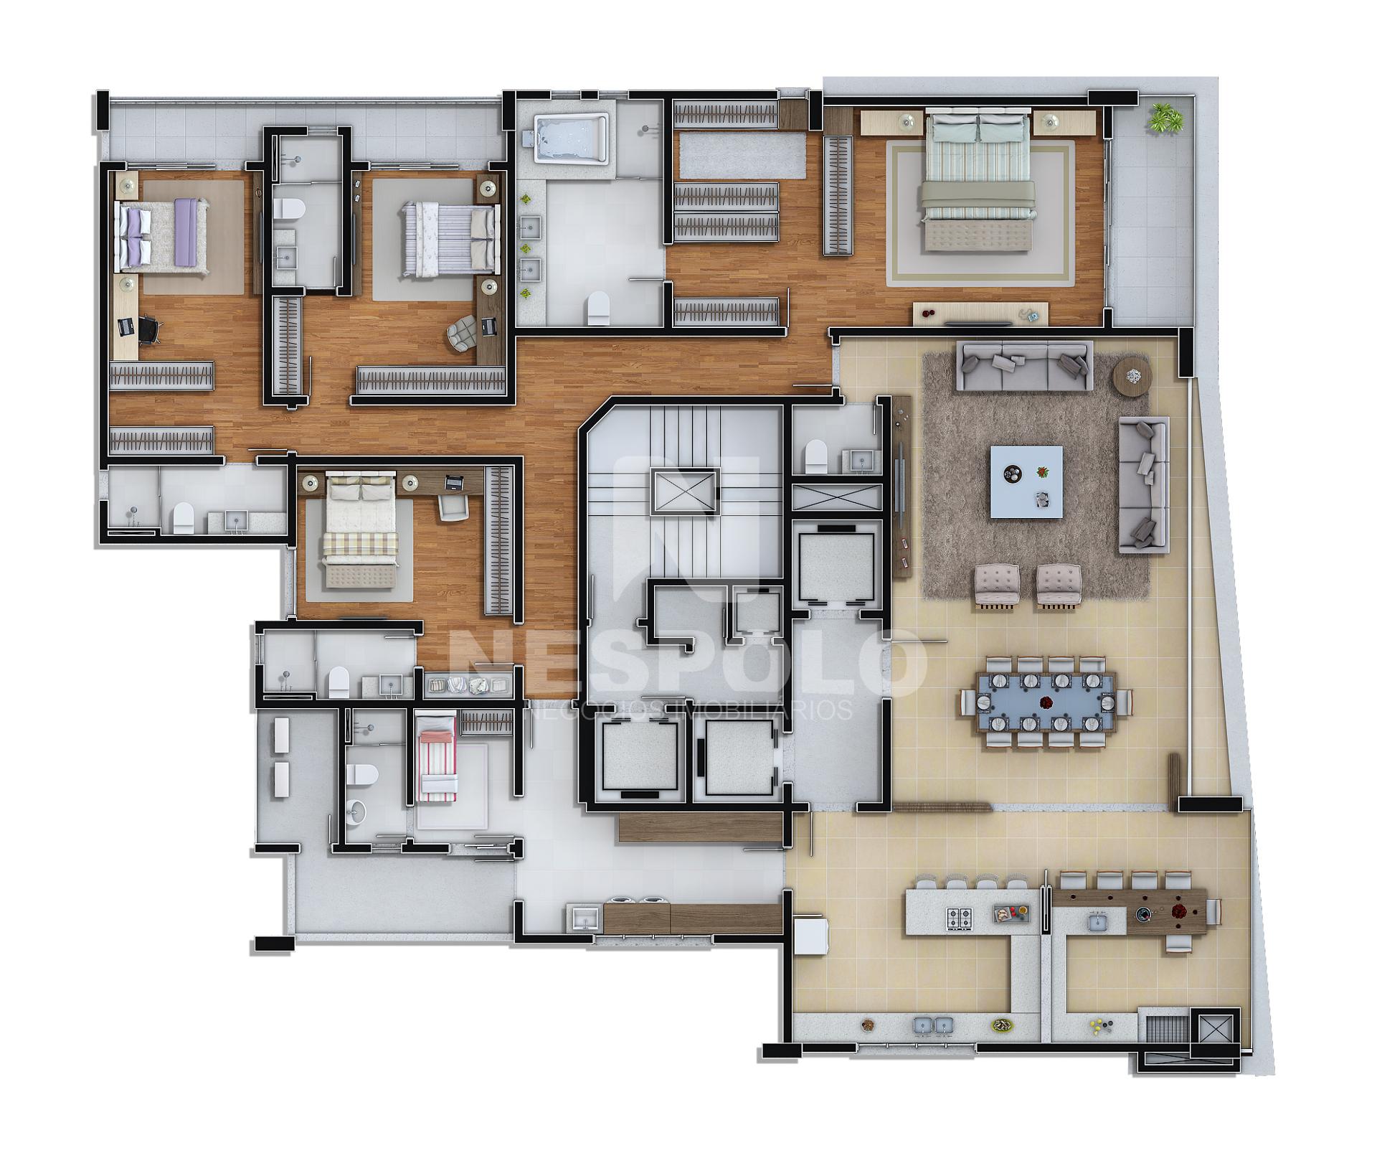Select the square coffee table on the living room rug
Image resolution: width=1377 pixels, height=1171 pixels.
coord(1026,481)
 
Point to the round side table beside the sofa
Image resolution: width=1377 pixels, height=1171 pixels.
coord(1132,375)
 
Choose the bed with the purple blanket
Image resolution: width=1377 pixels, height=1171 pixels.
coord(164,229)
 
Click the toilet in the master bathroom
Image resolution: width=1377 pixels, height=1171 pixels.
coord(597,306)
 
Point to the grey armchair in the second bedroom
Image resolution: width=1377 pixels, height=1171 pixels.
coord(463,334)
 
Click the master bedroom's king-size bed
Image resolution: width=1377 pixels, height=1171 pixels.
coord(980,184)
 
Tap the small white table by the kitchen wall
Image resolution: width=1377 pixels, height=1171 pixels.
coord(812,937)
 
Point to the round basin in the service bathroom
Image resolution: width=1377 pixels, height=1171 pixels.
coord(357,811)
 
